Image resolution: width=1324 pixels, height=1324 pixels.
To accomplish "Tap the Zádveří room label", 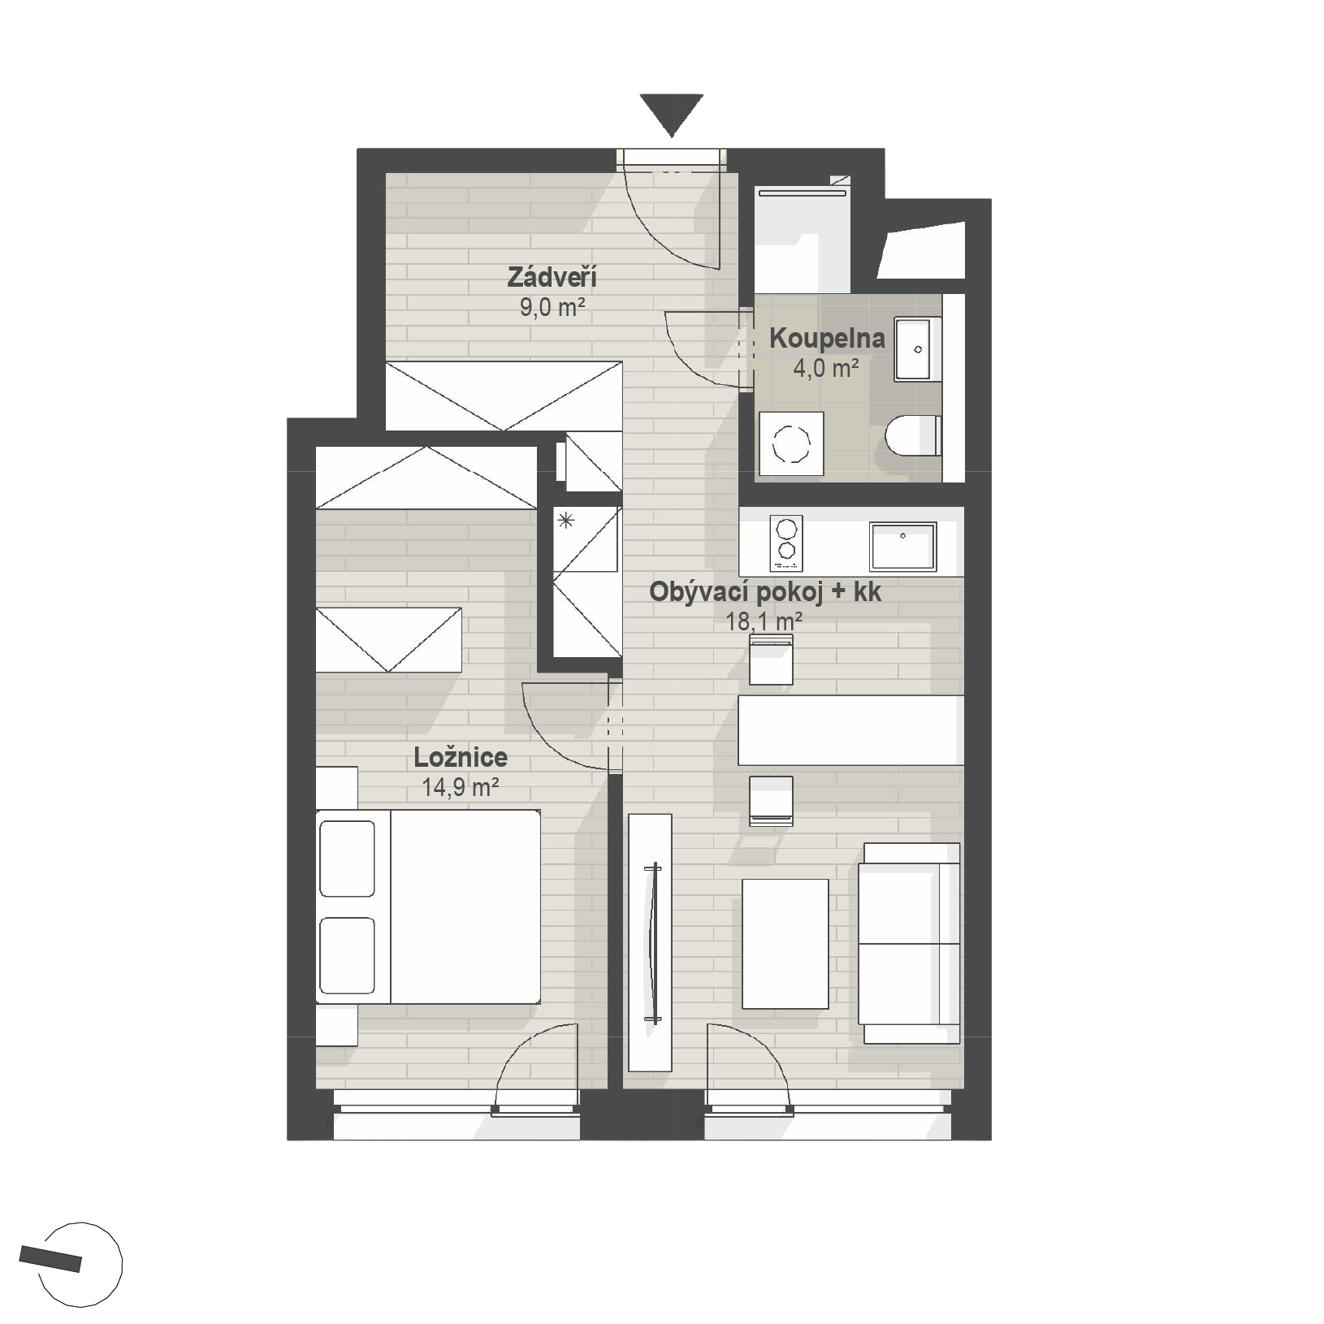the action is tap(552, 277).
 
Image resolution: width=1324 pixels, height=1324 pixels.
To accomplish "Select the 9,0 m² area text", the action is tap(552, 307).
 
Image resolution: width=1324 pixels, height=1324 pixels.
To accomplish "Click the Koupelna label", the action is tap(827, 338).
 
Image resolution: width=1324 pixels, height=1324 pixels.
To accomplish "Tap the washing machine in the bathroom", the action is tap(791, 443).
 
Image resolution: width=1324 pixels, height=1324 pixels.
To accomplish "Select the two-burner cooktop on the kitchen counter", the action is tap(785, 543).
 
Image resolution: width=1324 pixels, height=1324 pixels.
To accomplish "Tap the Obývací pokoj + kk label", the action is tap(765, 592).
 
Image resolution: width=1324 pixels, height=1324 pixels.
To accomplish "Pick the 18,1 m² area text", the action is tap(764, 622).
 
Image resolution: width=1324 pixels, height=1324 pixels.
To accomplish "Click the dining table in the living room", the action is tap(850, 730).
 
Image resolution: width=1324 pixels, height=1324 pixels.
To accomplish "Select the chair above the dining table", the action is tap(771, 660).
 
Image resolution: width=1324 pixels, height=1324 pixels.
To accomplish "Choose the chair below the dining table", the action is tap(771, 801).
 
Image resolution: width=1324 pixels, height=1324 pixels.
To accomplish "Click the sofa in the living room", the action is tap(911, 943).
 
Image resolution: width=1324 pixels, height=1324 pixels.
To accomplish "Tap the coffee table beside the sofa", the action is tap(785, 944).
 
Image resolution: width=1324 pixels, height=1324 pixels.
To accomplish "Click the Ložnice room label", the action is tap(461, 757).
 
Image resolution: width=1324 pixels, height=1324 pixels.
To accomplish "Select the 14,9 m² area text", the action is tap(460, 786).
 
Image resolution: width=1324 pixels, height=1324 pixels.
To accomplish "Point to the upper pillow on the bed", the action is tap(347, 859).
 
